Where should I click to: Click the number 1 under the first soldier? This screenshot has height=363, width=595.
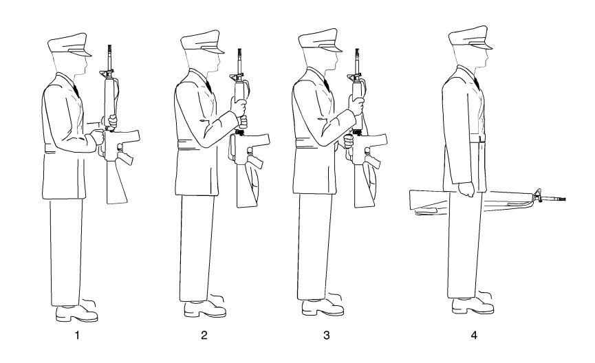pos(78,335)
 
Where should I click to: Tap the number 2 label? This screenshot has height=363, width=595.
pos(204,335)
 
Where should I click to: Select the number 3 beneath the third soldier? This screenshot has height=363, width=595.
pos(327,335)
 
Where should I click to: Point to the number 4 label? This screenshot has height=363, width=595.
pos(474,335)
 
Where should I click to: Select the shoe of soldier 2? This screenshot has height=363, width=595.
pos(205,309)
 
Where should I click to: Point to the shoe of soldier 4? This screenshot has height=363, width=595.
pos(473,306)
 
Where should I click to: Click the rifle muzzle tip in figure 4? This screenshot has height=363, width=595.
pos(564,199)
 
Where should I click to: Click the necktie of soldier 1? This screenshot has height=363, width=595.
pos(76,90)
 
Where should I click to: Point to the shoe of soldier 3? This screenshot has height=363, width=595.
pos(323,307)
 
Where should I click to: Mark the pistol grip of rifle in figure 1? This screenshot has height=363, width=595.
pos(126,157)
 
